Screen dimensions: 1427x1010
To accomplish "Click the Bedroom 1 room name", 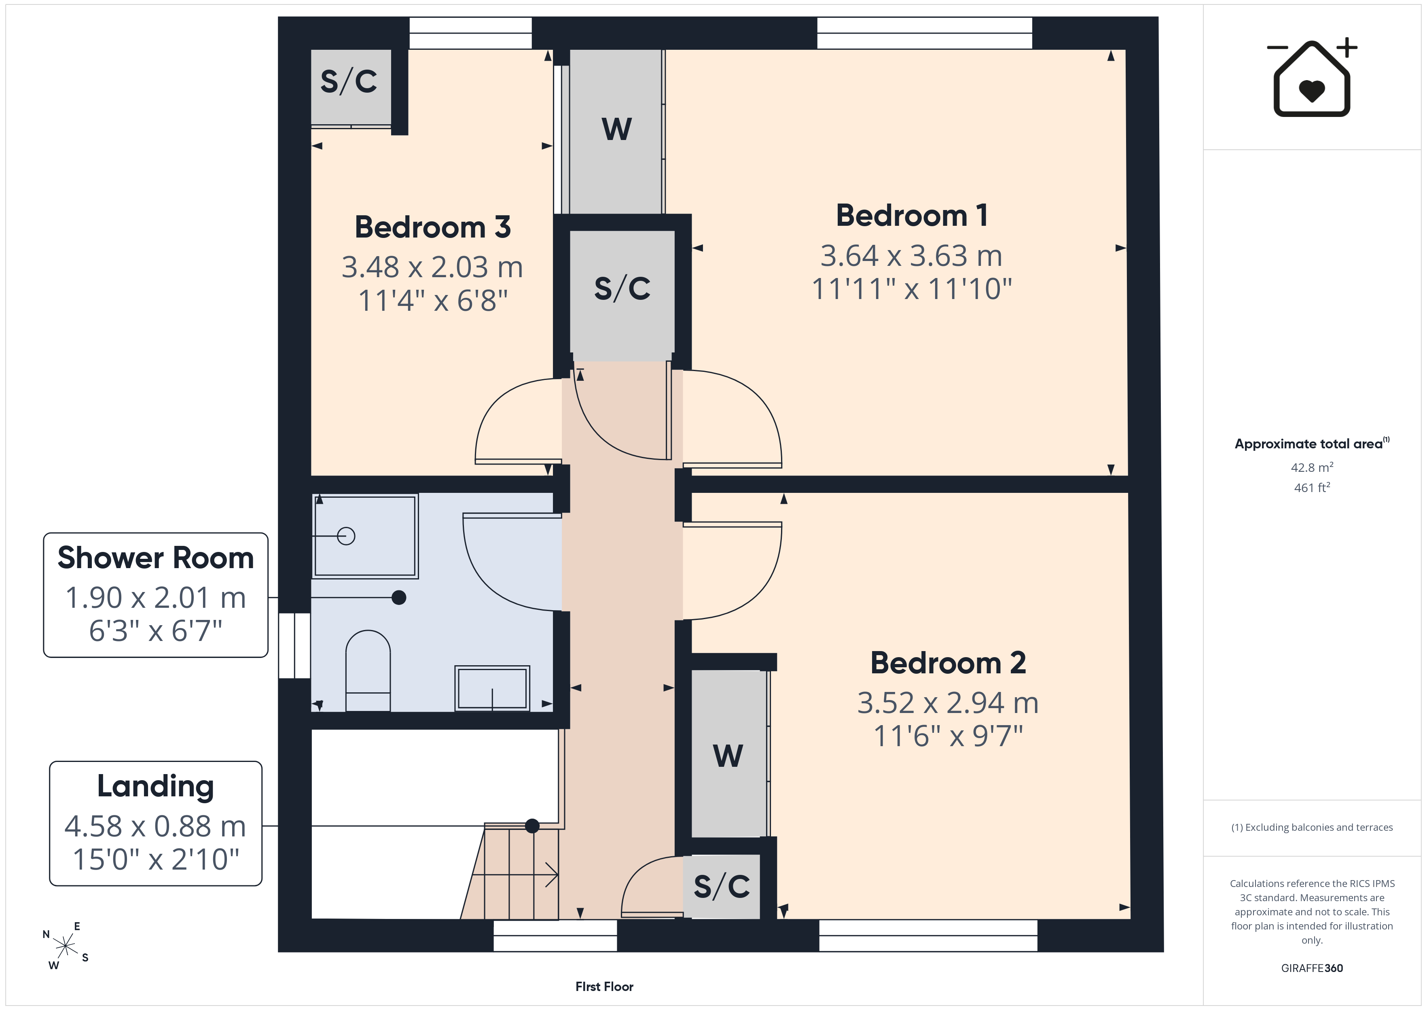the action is pos(911,216).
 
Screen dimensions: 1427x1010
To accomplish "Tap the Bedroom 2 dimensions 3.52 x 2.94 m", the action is pos(948,703).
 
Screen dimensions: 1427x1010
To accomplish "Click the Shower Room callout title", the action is pos(155,558).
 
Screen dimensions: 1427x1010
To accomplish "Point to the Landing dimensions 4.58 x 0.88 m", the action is pos(155,827).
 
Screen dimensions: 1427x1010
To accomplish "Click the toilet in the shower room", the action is pos(368,671).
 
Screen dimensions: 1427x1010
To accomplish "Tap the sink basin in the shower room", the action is pos(492,688).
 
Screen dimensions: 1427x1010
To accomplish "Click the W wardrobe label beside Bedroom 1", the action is pos(616,129).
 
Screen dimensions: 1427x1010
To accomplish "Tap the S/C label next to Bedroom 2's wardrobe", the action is pos(722,886).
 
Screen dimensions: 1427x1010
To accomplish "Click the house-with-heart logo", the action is pos(1312,77).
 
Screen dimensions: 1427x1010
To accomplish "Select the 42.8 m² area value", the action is pos(1312,467).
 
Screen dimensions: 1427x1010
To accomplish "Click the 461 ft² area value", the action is pos(1312,488).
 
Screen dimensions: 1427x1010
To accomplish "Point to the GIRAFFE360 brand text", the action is pos(1312,968).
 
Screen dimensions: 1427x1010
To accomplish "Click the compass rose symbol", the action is pos(65,946).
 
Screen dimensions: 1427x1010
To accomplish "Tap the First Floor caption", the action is pos(604,987).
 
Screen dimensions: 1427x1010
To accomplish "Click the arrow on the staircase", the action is pos(514,874).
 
